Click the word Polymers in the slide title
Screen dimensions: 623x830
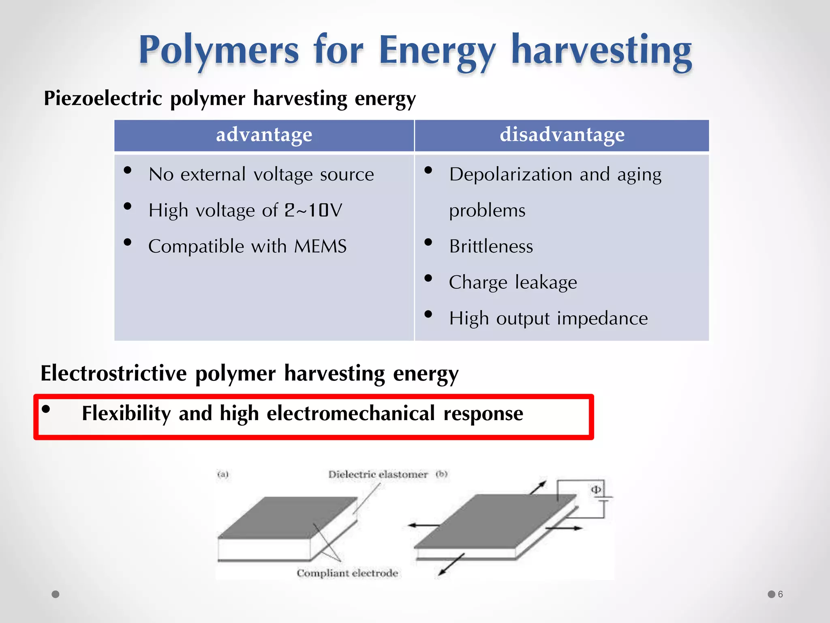coord(219,51)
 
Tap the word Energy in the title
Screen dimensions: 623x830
coord(437,51)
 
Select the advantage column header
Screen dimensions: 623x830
coord(264,135)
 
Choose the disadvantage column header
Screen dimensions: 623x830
coord(562,135)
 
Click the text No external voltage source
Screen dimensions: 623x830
coord(261,174)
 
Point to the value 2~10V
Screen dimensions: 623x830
coord(313,210)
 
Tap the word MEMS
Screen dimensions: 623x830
coord(320,246)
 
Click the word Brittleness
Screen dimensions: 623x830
coord(491,246)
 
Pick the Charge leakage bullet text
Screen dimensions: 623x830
coord(513,282)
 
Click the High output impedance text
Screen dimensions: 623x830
coord(548,318)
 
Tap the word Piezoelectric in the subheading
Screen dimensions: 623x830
coord(103,98)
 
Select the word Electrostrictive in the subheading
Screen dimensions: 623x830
coord(113,373)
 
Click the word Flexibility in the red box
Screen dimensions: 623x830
coord(126,413)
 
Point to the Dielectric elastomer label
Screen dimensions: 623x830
coord(378,474)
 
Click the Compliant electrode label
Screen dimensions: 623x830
coord(347,573)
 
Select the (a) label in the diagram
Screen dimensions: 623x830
coord(223,474)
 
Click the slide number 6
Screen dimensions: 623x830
coord(780,594)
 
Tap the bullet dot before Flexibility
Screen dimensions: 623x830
coord(46,409)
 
